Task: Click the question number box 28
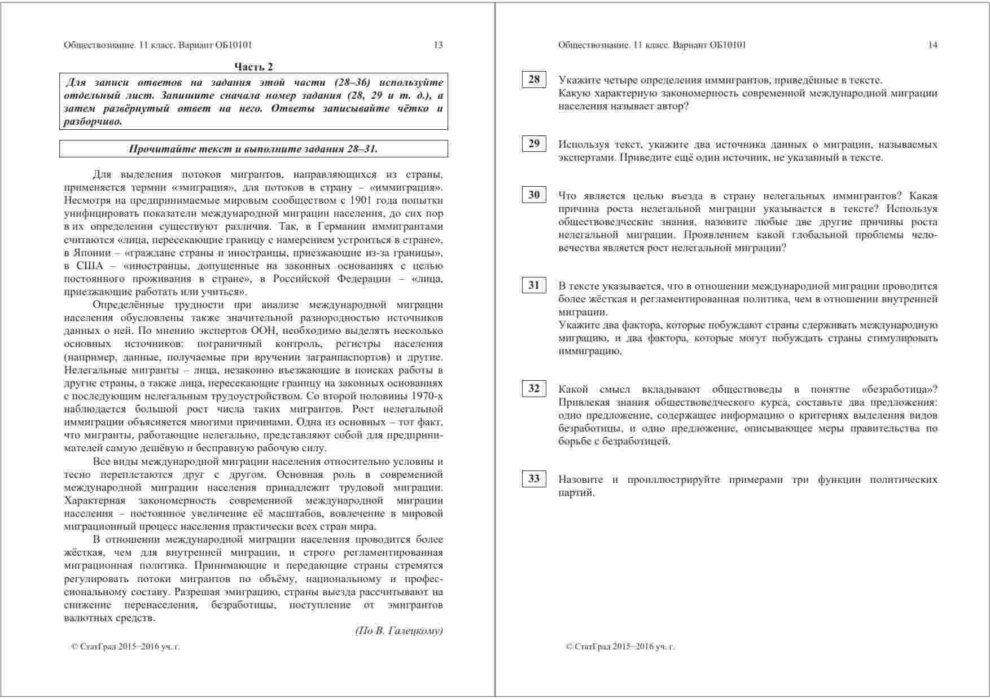coord(533,80)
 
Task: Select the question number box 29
coord(533,143)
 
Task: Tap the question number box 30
coord(533,195)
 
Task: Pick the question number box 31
coord(533,285)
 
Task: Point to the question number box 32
coord(533,389)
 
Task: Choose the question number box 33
coord(533,479)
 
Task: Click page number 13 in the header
coord(438,45)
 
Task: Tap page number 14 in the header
coord(932,45)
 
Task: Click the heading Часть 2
coord(253,67)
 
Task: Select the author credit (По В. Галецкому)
coord(398,631)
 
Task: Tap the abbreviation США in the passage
coord(90,266)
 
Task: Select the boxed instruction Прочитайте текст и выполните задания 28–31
coord(253,149)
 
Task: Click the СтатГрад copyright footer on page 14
coord(620,647)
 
